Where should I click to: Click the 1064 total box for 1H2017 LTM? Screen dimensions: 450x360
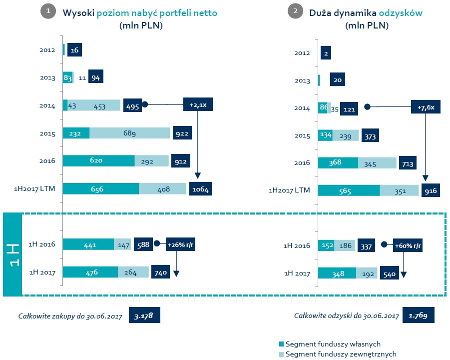click(200, 189)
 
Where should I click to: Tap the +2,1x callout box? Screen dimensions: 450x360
click(198, 104)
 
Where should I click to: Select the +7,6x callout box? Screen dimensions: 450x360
click(426, 107)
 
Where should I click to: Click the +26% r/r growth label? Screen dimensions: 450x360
click(180, 244)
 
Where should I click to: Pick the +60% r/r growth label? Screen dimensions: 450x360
click(408, 245)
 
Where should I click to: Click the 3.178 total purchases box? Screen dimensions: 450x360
click(144, 315)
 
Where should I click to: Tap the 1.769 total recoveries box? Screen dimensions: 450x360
click(418, 315)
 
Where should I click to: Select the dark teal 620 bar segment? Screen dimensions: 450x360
click(99, 160)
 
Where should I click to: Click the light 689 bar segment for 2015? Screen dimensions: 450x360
click(130, 133)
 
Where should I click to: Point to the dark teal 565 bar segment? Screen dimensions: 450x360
click(349, 190)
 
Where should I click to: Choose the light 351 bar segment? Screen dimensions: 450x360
click(400, 190)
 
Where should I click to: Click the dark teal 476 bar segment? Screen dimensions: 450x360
click(90, 272)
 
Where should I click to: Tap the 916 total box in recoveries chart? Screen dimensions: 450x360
click(431, 190)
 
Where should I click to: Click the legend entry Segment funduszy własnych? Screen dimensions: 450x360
click(330, 344)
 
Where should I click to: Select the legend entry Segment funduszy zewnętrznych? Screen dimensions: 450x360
click(338, 354)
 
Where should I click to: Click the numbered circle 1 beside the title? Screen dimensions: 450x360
click(48, 11)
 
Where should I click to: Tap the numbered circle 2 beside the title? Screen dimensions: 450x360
click(295, 11)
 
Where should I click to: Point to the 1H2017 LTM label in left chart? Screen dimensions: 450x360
click(34, 189)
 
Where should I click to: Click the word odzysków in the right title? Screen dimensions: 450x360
click(401, 13)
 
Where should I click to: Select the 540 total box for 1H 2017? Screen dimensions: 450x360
click(390, 273)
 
